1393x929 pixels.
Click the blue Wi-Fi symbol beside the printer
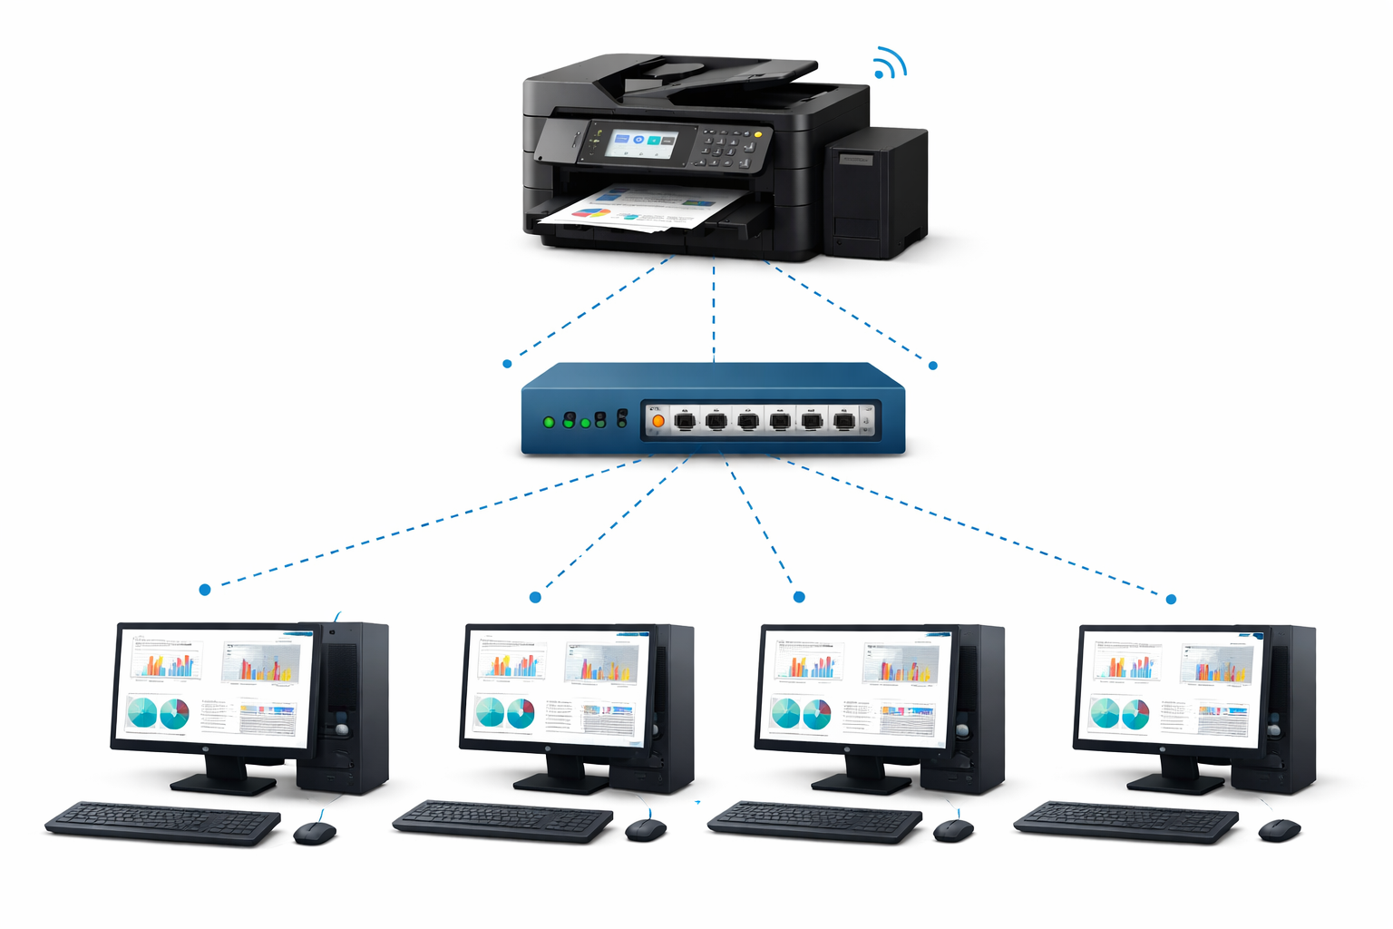pos(888,64)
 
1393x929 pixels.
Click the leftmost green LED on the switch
pos(548,422)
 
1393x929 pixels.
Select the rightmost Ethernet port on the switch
pos(843,420)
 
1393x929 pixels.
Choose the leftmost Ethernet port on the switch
pos(686,420)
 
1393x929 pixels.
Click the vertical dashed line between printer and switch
pos(714,308)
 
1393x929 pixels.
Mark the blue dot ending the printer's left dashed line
pos(507,364)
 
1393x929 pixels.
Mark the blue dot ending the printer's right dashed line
pos(933,366)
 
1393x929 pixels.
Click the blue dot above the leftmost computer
pos(205,590)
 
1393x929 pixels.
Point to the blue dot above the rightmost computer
pos(1171,599)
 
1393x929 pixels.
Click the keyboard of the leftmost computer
pos(163,822)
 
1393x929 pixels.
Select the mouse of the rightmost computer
pos(1279,829)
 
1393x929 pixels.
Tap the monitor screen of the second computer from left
pos(555,687)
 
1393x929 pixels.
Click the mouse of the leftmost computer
pos(315,832)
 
